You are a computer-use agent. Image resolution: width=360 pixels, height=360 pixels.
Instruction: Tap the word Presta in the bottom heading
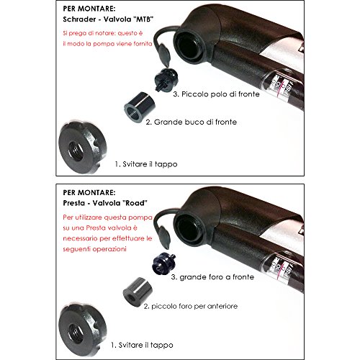73,203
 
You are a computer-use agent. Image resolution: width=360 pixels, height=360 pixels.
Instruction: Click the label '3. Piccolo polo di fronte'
216,94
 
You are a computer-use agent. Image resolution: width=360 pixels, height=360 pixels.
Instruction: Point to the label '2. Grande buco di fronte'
192,122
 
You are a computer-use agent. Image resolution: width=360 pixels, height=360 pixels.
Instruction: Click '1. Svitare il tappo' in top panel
146,164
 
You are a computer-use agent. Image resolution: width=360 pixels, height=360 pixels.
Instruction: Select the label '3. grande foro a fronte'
212,277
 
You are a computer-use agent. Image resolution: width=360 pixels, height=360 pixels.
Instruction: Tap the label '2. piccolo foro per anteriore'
191,306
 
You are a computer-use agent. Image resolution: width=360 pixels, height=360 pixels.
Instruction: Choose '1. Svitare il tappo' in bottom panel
142,345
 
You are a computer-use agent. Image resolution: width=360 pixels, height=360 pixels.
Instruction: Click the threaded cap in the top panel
82,148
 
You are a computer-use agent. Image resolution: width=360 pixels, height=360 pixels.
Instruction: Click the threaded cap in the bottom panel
82,330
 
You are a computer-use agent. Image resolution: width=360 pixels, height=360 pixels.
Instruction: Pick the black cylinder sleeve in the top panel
140,107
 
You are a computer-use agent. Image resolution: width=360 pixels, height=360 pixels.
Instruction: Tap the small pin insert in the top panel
166,79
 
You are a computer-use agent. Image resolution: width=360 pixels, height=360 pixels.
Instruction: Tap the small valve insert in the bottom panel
163,264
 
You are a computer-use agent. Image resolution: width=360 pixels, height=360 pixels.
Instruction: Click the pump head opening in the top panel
190,47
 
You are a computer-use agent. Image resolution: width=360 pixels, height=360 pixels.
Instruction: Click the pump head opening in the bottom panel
189,230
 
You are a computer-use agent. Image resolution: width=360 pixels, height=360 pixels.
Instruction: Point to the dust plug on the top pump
164,55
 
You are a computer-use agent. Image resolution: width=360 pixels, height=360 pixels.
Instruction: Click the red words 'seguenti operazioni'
94,249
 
